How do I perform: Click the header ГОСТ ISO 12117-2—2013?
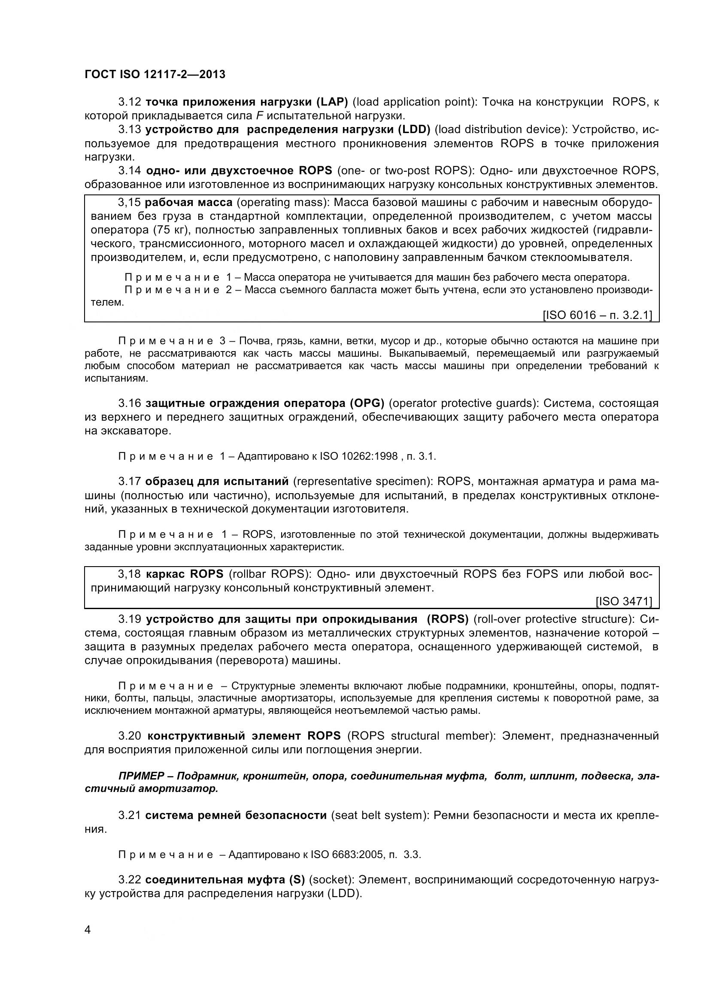(155, 74)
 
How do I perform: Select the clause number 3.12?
(129, 102)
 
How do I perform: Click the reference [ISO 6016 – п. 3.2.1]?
(597, 315)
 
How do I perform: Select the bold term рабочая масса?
(188, 203)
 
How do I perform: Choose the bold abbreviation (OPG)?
(366, 403)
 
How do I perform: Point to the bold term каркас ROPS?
(185, 574)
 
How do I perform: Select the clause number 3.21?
(129, 815)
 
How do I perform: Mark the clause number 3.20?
(129, 736)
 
